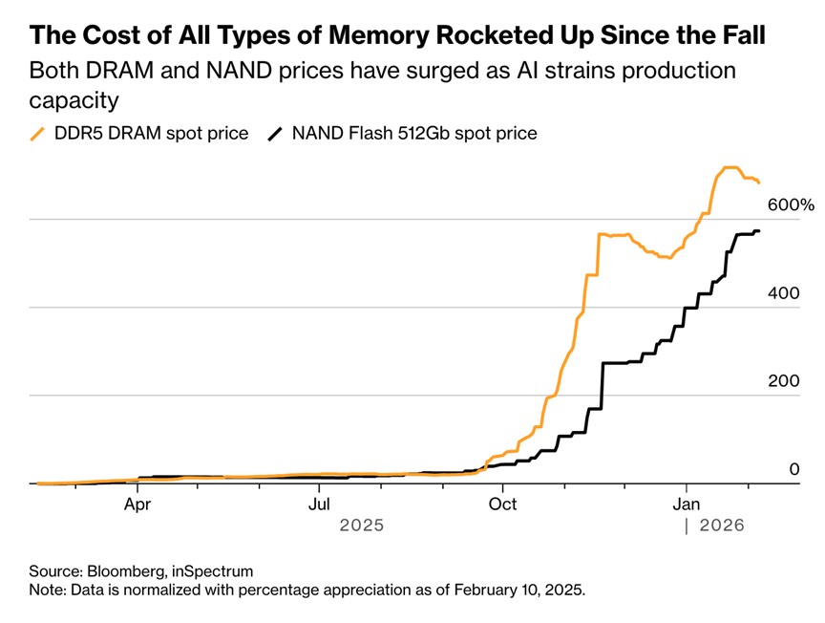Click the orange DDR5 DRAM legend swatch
click(x=39, y=134)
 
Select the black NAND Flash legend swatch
click(x=276, y=134)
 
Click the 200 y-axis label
click(x=785, y=381)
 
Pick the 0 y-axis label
click(x=793, y=469)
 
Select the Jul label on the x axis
click(x=320, y=503)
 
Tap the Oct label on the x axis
click(x=503, y=503)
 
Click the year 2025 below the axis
click(x=362, y=526)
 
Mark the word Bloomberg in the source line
click(x=124, y=571)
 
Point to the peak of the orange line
click(x=730, y=168)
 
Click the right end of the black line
click(x=758, y=231)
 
